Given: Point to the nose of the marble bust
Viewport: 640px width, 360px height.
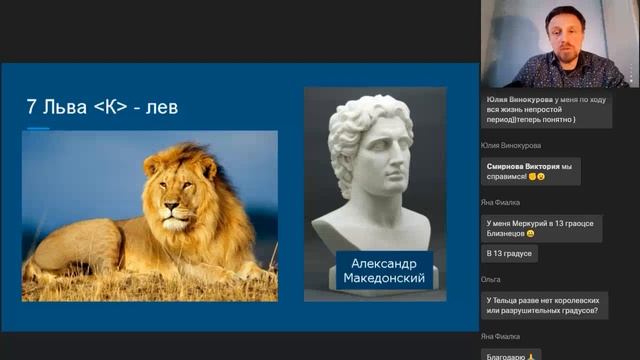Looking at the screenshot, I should coord(398,163).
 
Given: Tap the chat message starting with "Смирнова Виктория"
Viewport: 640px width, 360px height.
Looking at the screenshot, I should coord(531,171).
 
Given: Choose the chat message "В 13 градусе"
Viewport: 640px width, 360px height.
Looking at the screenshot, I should coord(510,254).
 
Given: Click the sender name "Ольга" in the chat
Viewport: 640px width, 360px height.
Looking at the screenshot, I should coord(490,281).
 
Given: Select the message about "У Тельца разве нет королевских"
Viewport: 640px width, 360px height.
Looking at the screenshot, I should coord(545,305).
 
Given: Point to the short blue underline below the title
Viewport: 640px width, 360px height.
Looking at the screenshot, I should coord(38,128).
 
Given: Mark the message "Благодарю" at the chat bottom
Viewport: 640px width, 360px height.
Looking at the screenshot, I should coord(511,354).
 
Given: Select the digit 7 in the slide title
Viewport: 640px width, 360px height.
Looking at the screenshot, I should coord(31,106).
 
